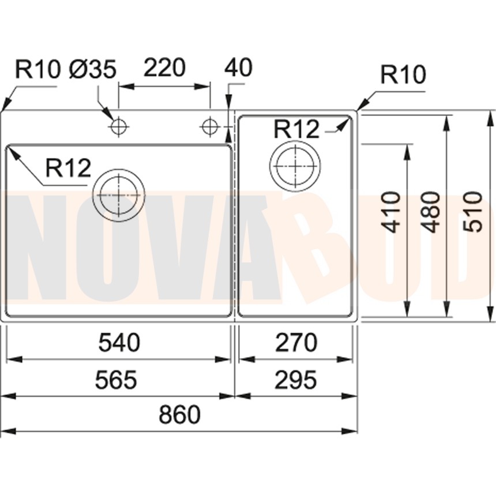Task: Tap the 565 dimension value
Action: coord(117,379)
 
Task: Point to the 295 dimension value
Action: coord(296,379)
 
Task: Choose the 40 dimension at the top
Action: coord(238,68)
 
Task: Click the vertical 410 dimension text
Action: coord(392,212)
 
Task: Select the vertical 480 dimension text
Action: coord(431,212)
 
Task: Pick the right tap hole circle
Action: coord(209,126)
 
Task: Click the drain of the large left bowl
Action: coord(119,194)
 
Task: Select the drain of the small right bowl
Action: coord(295,166)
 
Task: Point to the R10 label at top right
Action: coord(403,75)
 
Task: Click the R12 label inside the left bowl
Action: coord(68,168)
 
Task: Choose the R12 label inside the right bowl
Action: coord(296,129)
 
